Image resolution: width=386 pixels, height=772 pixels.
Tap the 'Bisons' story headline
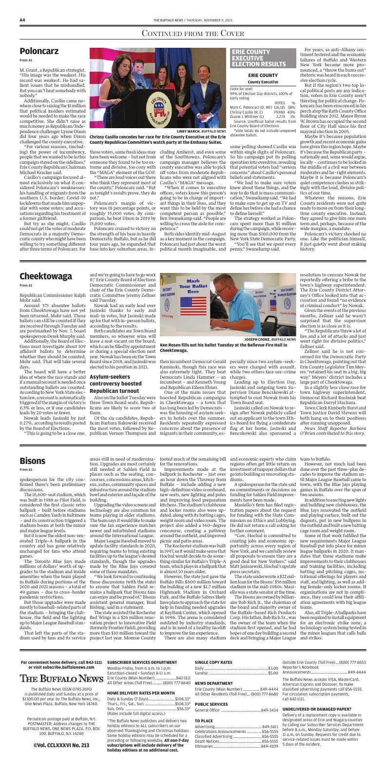33,461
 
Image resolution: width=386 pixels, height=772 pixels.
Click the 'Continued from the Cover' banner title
193,33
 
